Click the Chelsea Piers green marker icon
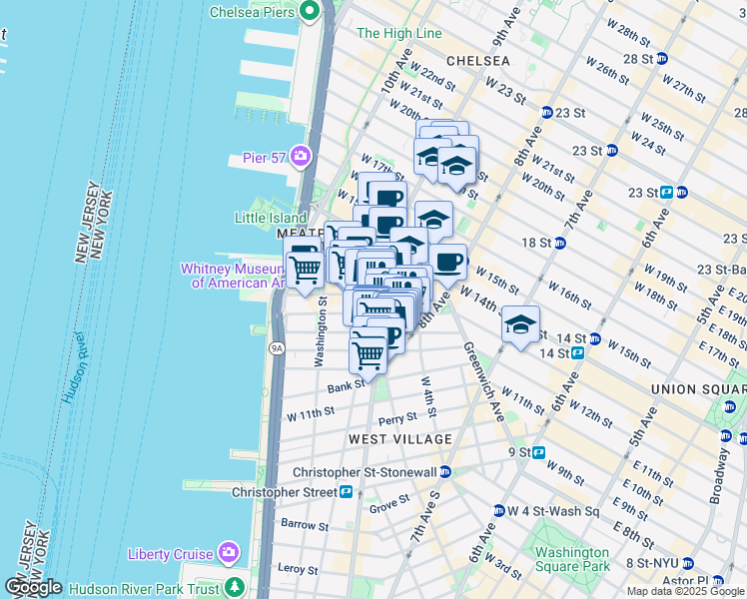coord(310,12)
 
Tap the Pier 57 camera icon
coord(301,157)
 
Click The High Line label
coord(398,33)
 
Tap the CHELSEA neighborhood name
coord(477,61)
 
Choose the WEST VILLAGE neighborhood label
coord(400,439)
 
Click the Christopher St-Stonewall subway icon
coord(445,471)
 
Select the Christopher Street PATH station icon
coord(347,492)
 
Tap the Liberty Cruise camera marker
coord(229,553)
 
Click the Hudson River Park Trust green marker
coord(235,587)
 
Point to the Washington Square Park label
coord(571,559)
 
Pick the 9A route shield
coord(277,347)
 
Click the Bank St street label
coord(345,385)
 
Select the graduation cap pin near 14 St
coord(520,325)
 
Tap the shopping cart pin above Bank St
coord(369,353)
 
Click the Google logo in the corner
coord(32,587)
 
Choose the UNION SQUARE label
coord(697,388)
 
